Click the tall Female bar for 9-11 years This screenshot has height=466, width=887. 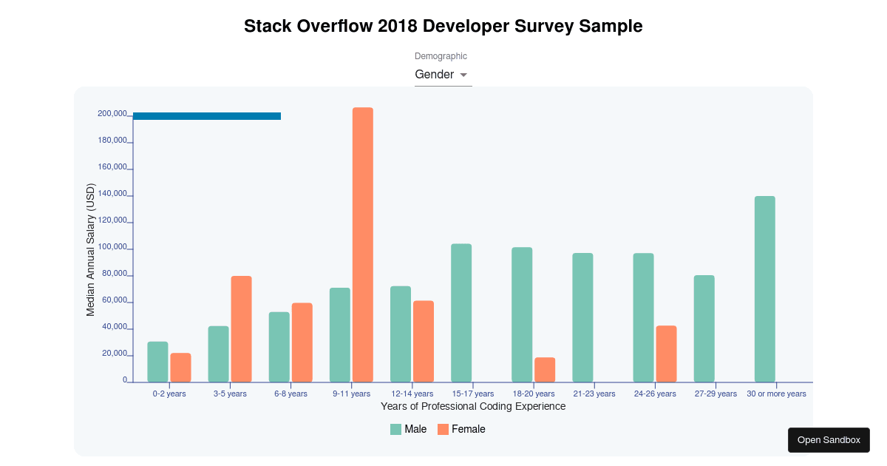point(363,245)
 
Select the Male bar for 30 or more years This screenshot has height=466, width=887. point(765,289)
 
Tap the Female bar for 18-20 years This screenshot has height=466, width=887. point(545,370)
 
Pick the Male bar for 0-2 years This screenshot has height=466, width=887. point(157,362)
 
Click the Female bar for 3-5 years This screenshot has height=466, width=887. point(242,329)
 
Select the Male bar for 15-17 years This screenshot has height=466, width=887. point(461,313)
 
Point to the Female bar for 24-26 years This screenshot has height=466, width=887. point(666,354)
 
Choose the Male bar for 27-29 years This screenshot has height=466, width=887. point(704,328)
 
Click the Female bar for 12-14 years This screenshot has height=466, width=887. point(424,341)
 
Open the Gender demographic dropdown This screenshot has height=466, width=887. point(443,75)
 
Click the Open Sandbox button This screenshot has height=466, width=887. point(829,440)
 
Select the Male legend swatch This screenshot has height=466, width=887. point(396,429)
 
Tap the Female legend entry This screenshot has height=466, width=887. point(461,429)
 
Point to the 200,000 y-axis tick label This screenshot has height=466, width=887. point(112,114)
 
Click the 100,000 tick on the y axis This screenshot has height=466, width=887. point(112,248)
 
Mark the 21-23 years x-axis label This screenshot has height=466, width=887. point(594,394)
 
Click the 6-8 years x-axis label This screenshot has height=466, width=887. point(290,394)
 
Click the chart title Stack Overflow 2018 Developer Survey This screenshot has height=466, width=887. point(443,27)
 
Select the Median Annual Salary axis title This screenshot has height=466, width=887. point(91,250)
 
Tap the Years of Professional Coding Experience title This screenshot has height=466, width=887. point(473,407)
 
